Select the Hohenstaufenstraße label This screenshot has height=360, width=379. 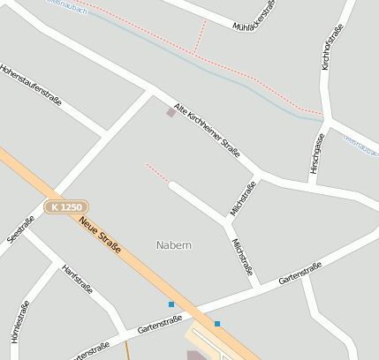click(x=31, y=86)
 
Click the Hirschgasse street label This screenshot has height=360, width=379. click(x=318, y=153)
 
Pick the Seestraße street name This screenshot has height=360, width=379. click(x=20, y=230)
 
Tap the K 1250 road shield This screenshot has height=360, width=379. click(x=66, y=206)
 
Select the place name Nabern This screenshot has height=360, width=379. click(x=174, y=244)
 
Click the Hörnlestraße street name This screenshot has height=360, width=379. click(x=19, y=327)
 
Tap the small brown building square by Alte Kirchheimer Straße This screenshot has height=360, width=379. click(x=171, y=113)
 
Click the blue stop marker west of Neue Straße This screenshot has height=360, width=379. click(x=171, y=304)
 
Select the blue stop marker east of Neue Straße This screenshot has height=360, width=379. click(x=217, y=323)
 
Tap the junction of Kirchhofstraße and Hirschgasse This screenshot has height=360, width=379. click(x=324, y=118)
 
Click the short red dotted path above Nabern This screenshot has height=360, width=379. click(x=156, y=172)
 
